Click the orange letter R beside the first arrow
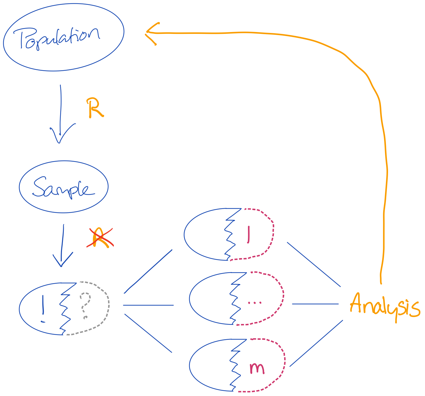[95, 108]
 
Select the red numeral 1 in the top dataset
[249, 234]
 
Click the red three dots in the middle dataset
[255, 303]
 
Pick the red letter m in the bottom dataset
[257, 368]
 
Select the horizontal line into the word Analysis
[315, 304]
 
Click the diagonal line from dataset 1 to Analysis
[314, 265]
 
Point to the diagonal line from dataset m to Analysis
[316, 343]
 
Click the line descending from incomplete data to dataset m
[148, 333]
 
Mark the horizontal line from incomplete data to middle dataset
[148, 305]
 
